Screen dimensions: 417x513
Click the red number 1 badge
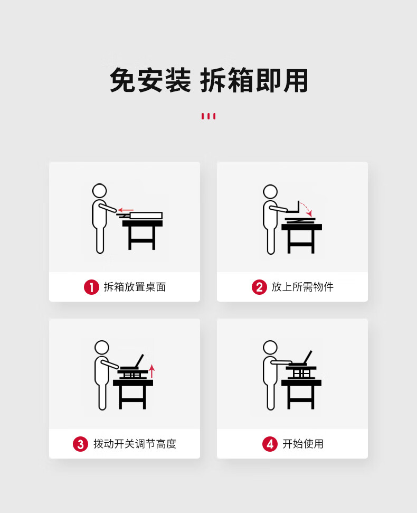(x=91, y=287)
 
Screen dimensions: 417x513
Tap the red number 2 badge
(x=259, y=287)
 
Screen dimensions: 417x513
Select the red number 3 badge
(x=80, y=444)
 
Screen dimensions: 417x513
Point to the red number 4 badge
(x=270, y=444)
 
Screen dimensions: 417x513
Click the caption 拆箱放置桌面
(x=135, y=287)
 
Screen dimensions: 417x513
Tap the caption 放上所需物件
(x=302, y=287)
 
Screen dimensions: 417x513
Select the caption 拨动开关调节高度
(x=135, y=444)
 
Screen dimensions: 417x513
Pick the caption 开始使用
(x=303, y=444)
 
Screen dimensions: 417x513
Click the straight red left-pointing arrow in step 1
(x=126, y=210)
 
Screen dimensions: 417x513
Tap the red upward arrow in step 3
(x=151, y=371)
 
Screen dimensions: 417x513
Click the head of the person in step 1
(x=99, y=191)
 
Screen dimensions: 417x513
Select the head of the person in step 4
(x=270, y=348)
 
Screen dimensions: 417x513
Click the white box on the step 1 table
(x=146, y=216)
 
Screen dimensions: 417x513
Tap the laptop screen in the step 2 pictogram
(x=299, y=207)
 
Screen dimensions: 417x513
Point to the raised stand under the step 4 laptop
(x=301, y=372)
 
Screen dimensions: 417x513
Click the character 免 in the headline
(x=122, y=80)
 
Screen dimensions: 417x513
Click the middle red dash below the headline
(x=209, y=116)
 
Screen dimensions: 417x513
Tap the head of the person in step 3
(x=102, y=348)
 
